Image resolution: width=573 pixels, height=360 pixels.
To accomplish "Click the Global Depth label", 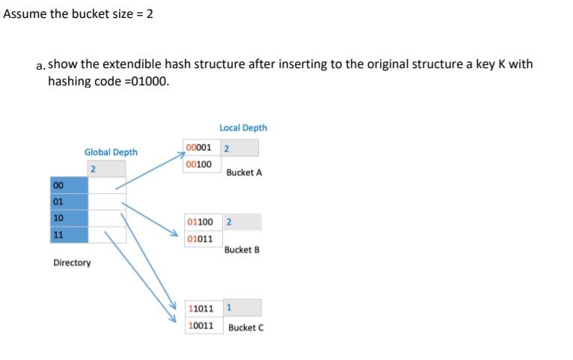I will (111, 152).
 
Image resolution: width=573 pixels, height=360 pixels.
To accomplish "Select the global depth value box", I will (105, 168).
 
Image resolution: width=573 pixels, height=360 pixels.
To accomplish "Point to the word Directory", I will (72, 263).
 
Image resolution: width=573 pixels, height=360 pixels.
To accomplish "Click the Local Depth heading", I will (243, 128).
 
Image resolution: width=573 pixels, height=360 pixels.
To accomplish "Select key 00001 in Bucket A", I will (199, 147).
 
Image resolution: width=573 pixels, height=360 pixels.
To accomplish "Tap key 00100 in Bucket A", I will (199, 164).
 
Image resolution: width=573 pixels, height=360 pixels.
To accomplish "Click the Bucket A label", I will (244, 173).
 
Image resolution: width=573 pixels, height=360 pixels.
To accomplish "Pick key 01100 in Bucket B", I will (200, 222).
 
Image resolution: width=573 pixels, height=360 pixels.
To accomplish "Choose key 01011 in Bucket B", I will (200, 239).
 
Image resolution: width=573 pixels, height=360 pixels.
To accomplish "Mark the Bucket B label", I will (242, 250).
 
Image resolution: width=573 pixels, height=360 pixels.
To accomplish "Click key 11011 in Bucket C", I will (201, 308).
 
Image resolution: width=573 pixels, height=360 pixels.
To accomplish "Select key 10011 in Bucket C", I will (201, 326).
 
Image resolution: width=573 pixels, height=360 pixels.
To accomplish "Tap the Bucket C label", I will (245, 328).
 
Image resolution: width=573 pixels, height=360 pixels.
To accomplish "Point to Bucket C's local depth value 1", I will (228, 308).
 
